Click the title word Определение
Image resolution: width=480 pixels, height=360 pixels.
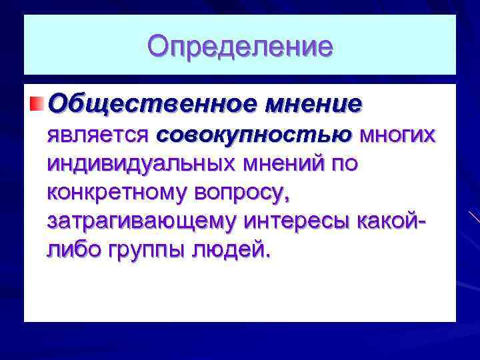pos(240,47)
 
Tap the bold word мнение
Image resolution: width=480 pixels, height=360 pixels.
pos(313,105)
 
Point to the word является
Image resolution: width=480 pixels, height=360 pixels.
pos(98,135)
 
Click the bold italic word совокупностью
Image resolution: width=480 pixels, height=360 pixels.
pos(254,135)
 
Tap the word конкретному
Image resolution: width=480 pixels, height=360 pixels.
pos(117,192)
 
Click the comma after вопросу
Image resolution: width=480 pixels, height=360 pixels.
pos(287,199)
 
